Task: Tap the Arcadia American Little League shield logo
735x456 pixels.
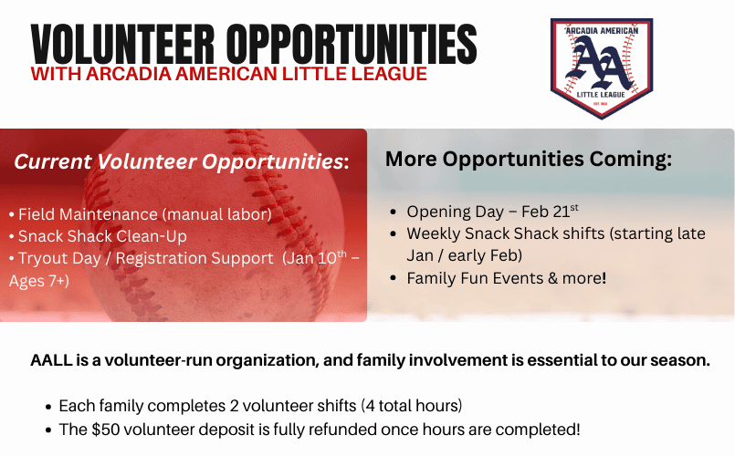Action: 601,67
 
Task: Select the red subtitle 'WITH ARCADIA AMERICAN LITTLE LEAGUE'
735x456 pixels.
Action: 228,74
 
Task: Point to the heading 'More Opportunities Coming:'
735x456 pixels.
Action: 529,158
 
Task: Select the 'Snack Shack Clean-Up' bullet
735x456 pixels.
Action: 102,236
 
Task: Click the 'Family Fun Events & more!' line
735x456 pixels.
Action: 506,278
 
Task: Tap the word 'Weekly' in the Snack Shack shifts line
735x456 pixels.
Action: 434,233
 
